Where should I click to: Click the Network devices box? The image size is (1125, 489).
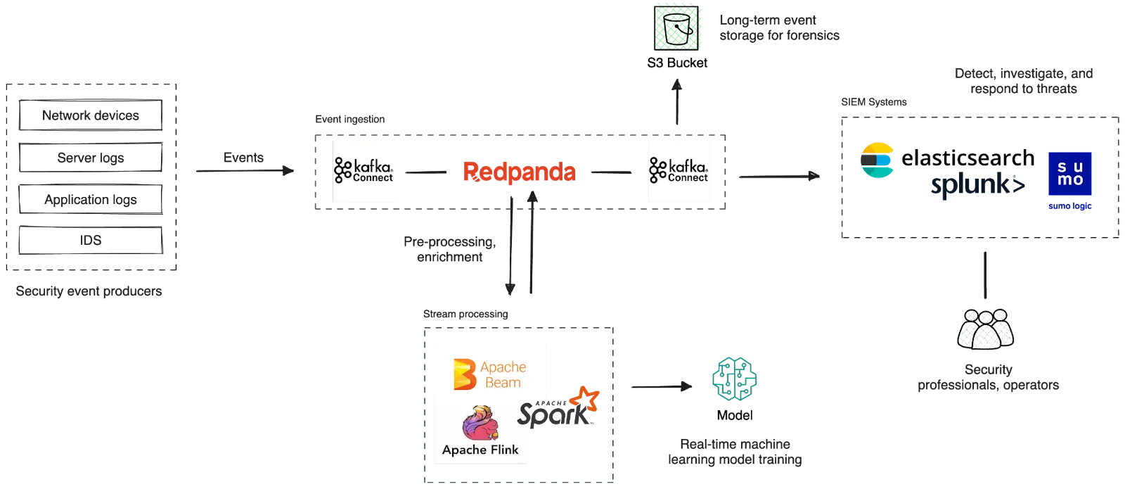point(90,115)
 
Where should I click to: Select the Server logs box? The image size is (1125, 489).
point(90,157)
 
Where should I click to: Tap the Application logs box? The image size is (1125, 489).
point(90,199)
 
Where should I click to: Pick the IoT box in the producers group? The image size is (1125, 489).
point(90,241)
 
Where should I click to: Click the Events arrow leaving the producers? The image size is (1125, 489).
point(243,171)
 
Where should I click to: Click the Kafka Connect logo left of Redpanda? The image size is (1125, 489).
point(365,171)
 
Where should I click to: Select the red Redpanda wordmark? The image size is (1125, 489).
point(519,172)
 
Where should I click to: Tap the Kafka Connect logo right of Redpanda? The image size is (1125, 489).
point(679,171)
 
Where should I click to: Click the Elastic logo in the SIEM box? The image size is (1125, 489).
point(877,160)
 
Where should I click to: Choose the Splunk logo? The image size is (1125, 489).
point(977,185)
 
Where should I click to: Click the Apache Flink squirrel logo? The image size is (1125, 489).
point(481,431)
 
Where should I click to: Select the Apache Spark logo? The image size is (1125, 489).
point(560,408)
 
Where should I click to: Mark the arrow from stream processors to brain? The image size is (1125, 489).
point(660,385)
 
